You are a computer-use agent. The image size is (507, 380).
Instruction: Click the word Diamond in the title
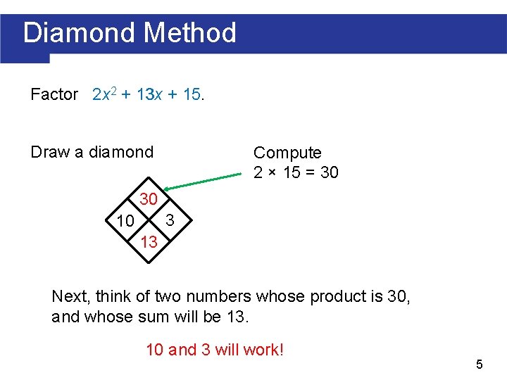(x=78, y=33)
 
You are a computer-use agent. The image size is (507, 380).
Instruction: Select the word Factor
(x=54, y=94)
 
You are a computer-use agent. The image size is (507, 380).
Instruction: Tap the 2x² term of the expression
(x=104, y=94)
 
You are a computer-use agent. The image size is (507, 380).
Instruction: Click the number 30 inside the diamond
(x=149, y=198)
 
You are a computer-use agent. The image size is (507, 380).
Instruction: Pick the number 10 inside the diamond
(x=125, y=222)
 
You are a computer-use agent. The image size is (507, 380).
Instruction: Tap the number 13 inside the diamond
(x=149, y=243)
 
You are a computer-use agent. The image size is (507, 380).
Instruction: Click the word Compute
(x=287, y=153)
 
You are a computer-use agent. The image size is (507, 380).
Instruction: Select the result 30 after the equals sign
(x=329, y=172)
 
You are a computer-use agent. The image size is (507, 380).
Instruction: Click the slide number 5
(x=479, y=365)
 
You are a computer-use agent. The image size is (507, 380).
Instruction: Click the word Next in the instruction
(x=71, y=296)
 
